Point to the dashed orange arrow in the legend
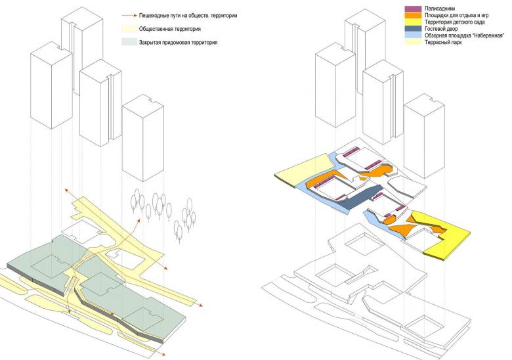[128, 14]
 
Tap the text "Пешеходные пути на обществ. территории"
[180, 14]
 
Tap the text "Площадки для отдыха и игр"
[456, 15]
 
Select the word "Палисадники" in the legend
[440, 8]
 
